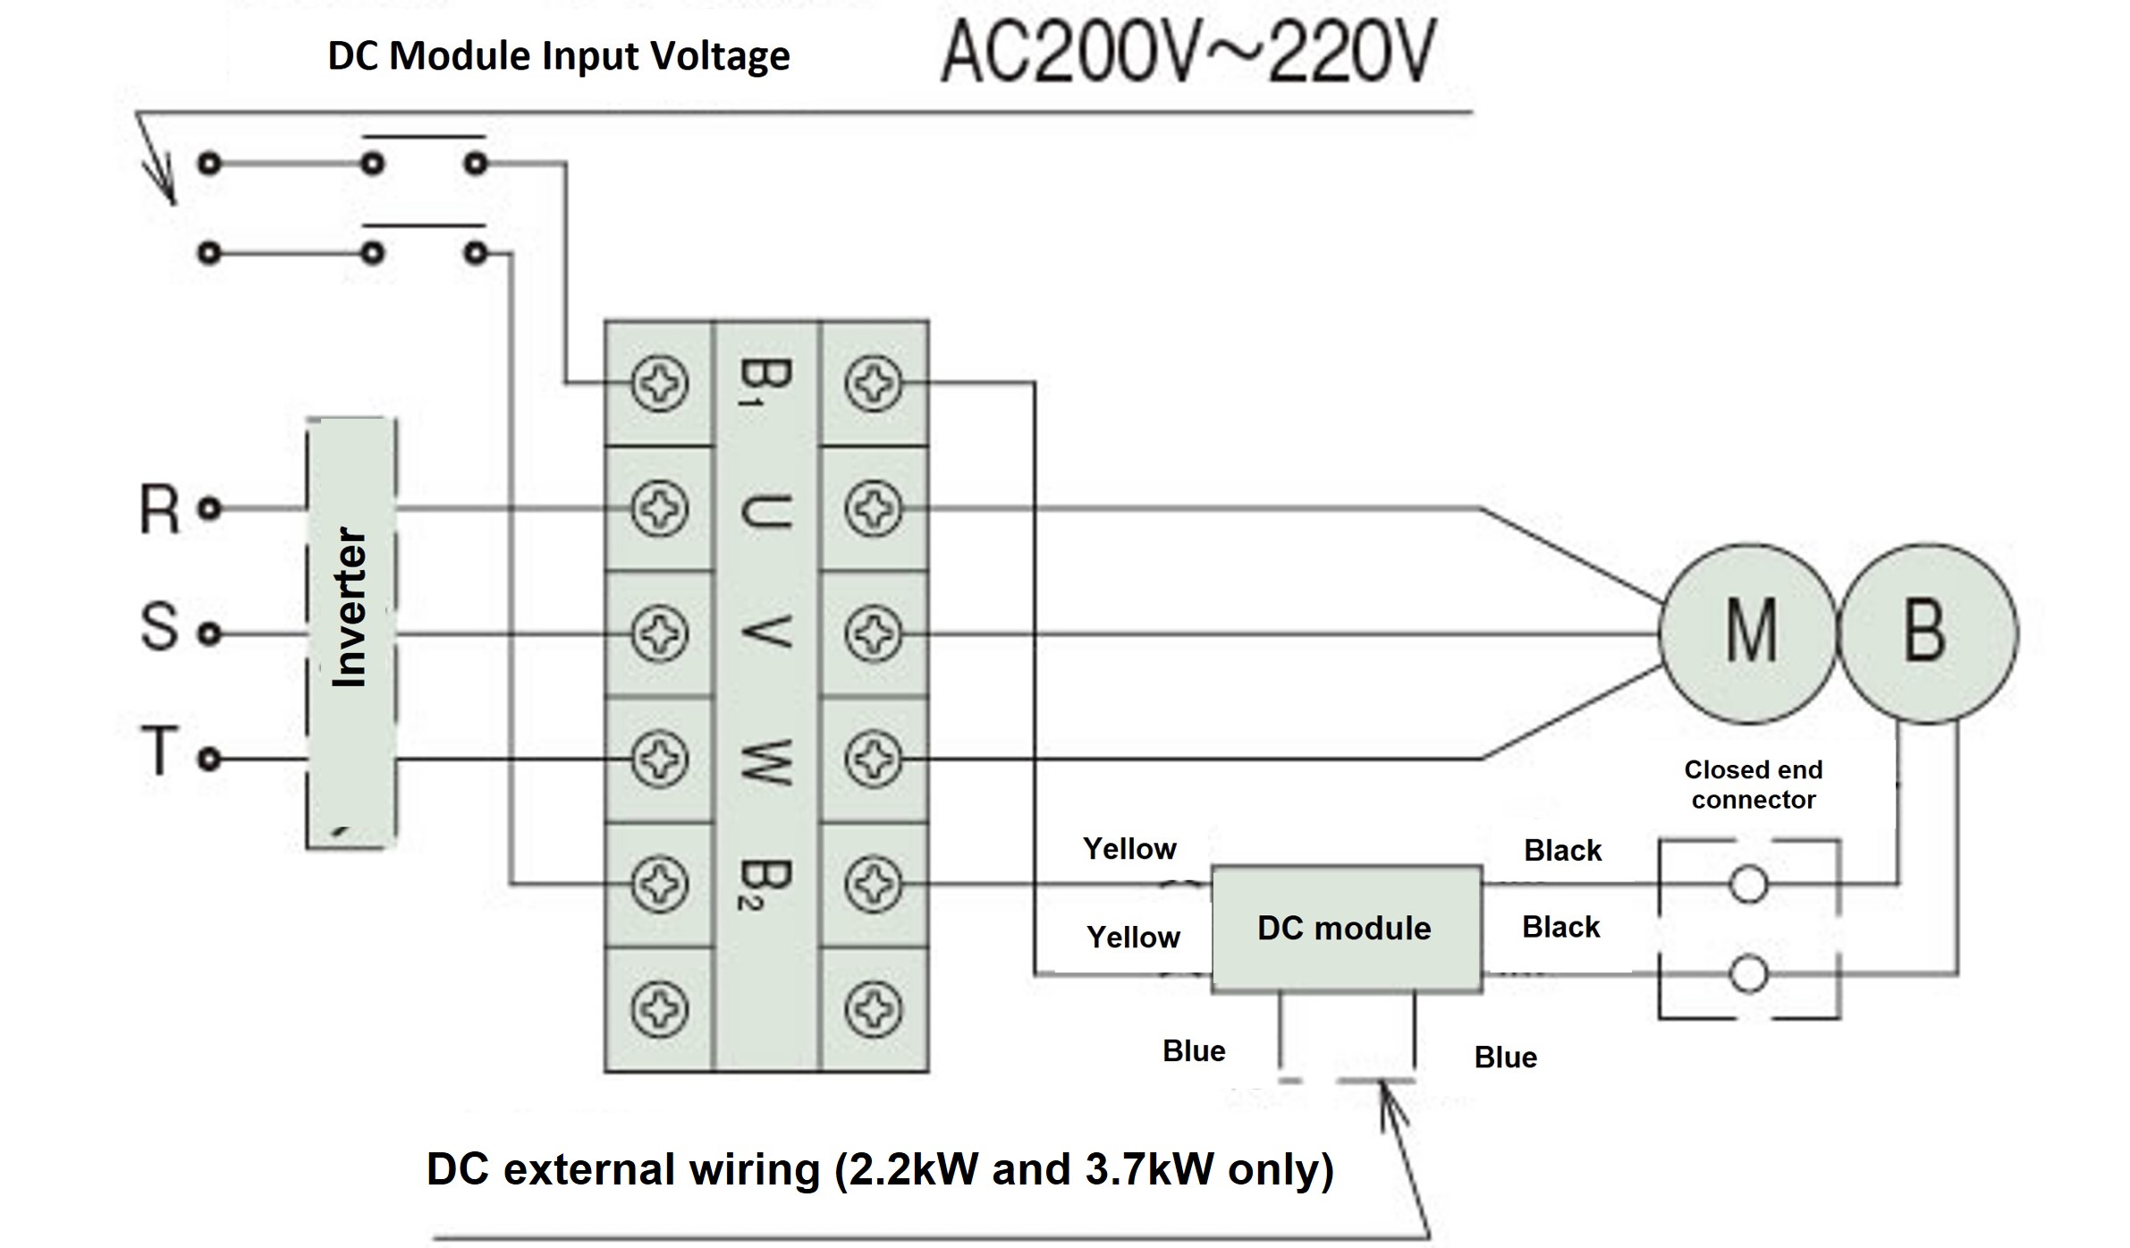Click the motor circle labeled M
pos(1748,632)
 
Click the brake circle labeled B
pos(1927,632)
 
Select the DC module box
pos(1345,929)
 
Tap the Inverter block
pos(351,632)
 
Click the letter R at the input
pos(160,510)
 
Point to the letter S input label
pos(160,626)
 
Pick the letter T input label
pos(160,751)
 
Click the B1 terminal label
pos(765,383)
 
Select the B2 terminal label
pos(765,884)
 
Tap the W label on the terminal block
pos(765,760)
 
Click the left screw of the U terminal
pos(660,509)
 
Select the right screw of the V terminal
pos(873,633)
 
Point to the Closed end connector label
pos(1753,785)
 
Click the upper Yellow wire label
pos(1129,848)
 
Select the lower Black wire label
pos(1560,927)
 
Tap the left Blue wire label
pos(1194,1050)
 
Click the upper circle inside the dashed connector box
pos(1748,885)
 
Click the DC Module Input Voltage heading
pos(559,55)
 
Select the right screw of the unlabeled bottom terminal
pos(873,1009)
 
